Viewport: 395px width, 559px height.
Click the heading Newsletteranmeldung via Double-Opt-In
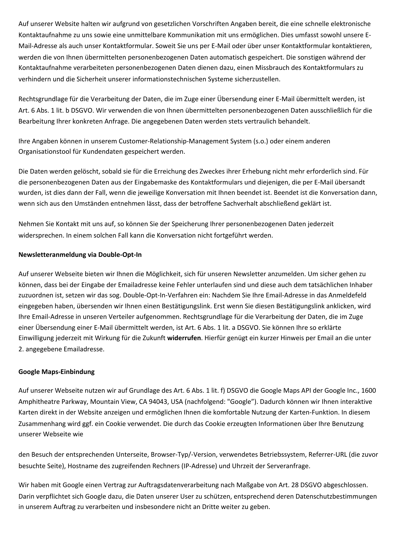(80, 255)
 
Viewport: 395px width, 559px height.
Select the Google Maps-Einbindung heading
(56, 372)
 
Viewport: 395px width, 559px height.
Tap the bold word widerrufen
(184, 338)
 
